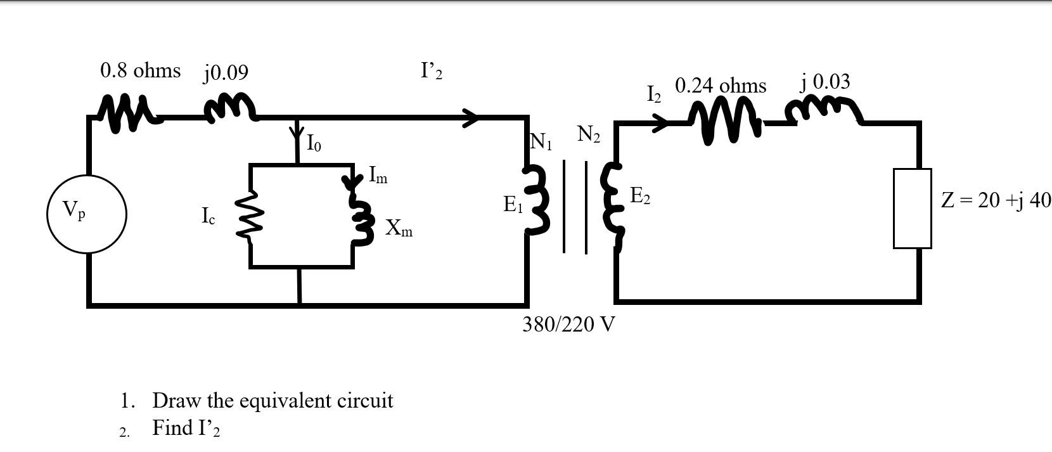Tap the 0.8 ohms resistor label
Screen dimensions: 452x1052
(140, 70)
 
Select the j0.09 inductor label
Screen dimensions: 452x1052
(226, 73)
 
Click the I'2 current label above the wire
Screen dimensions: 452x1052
(431, 70)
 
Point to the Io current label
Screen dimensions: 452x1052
(314, 144)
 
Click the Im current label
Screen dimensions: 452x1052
(378, 174)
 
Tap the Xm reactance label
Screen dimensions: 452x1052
(399, 228)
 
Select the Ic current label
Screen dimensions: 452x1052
(208, 217)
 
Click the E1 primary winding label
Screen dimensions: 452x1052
(512, 205)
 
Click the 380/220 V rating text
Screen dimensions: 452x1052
(568, 325)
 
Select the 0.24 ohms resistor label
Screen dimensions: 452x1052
(721, 86)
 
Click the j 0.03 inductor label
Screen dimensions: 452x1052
(825, 82)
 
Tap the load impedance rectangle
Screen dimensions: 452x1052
(912, 208)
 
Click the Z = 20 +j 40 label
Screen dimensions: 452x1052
(996, 201)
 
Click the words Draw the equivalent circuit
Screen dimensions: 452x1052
(273, 401)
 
